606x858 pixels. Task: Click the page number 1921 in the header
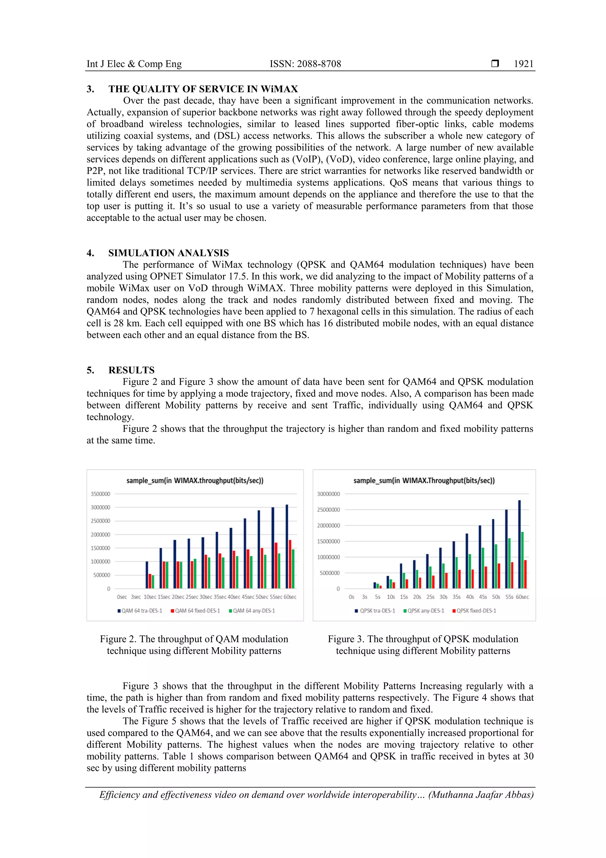[x=523, y=64]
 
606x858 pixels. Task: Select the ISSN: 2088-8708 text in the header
[x=305, y=64]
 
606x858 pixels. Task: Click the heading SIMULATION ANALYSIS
[x=168, y=253]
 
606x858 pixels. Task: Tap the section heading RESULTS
[x=131, y=370]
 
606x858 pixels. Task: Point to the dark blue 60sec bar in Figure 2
[x=287, y=546]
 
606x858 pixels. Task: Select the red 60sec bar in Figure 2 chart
[x=290, y=564]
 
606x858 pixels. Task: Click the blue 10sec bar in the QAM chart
[x=147, y=575]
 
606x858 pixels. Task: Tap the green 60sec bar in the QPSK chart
[x=522, y=560]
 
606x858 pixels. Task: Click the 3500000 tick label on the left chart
[x=100, y=494]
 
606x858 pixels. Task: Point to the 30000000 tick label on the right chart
[x=328, y=494]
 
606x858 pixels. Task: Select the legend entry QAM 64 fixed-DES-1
[x=195, y=611]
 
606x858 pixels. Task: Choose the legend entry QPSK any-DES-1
[x=424, y=611]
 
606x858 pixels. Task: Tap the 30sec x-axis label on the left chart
[x=206, y=597]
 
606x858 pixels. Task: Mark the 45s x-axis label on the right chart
[x=483, y=597]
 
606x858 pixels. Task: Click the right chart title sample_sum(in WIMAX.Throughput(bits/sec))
[x=424, y=481]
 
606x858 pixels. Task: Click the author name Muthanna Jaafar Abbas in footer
[x=481, y=795]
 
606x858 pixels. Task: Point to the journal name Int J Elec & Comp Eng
[x=134, y=64]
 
